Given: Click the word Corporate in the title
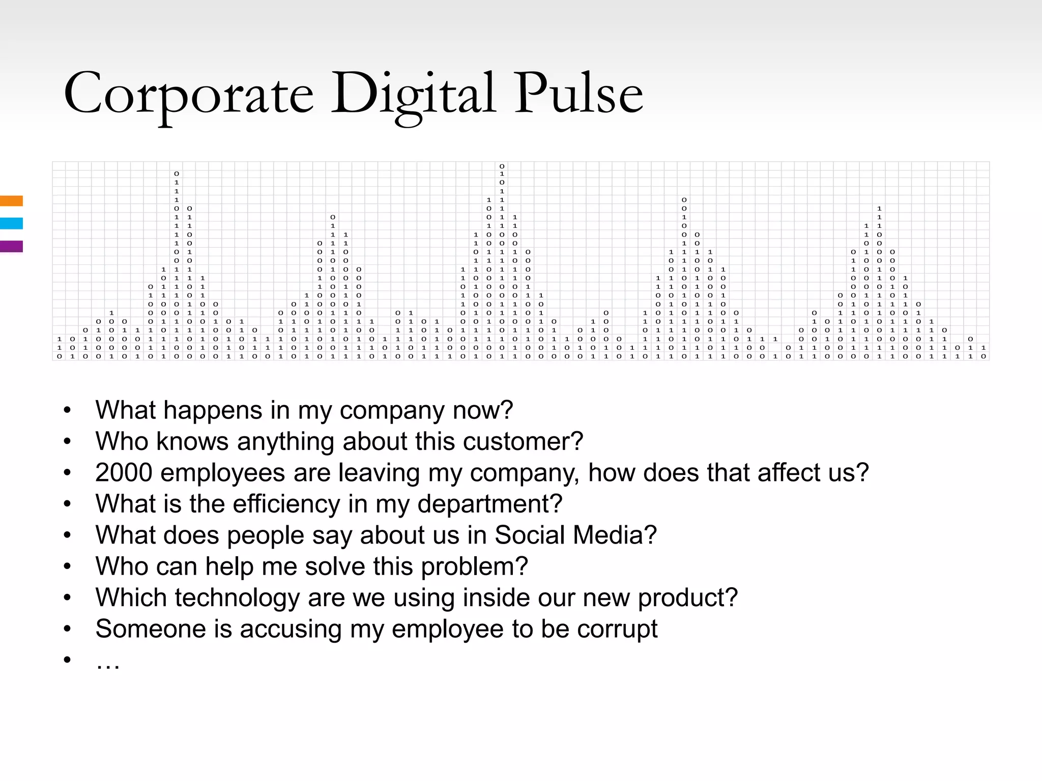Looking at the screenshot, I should tap(188, 94).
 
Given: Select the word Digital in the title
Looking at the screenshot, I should tap(413, 94).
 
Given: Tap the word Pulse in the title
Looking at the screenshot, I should tap(578, 94).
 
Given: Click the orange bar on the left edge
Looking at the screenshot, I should tap(11, 201).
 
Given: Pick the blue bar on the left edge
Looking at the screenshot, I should tap(11, 223).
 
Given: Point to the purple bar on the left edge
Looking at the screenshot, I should tap(11, 247).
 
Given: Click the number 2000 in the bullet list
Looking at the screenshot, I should tap(124, 473).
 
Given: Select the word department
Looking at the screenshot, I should tap(489, 504).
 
